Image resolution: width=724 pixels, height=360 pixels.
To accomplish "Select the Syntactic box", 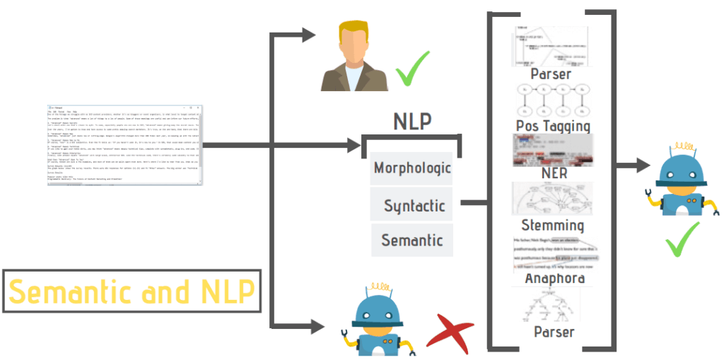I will (414, 206).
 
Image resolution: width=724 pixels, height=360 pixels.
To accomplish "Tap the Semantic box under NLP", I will (411, 240).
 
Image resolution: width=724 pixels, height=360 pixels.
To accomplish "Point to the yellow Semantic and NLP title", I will (132, 291).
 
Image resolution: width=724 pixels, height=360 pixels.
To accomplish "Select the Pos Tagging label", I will (552, 126).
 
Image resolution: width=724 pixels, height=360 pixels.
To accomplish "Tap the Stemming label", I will (552, 226).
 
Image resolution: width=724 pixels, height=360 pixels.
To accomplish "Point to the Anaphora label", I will (553, 278).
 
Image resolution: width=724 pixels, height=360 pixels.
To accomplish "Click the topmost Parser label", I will (551, 74).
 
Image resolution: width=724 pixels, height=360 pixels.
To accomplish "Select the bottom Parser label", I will (552, 331).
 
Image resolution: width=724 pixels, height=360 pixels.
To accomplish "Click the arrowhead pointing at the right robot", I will (643, 166).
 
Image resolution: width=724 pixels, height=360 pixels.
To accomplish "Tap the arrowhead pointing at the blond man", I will (310, 33).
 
